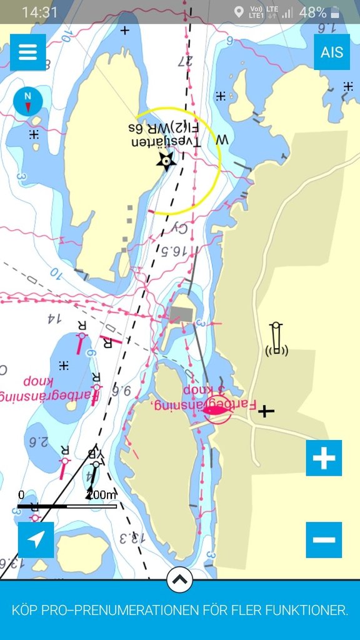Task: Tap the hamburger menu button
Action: pos(28,52)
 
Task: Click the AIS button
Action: pos(331,52)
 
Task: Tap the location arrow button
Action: pos(36,539)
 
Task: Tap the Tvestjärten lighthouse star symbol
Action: pos(166,161)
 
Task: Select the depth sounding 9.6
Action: pos(122,391)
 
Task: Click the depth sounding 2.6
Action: pos(39,442)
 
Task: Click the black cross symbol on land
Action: pos(266,411)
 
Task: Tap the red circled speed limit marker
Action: pos(217,410)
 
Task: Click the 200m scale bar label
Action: pos(101,495)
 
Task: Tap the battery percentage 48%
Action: pos(312,12)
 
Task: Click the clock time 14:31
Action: pos(39,12)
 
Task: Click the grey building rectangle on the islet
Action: pos(181,314)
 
